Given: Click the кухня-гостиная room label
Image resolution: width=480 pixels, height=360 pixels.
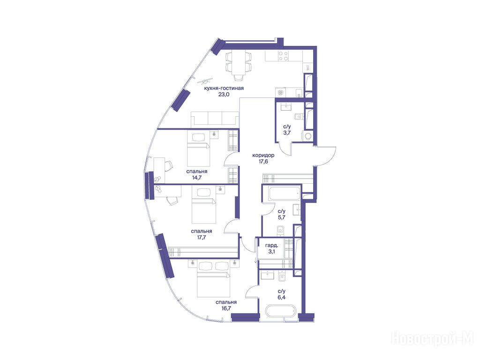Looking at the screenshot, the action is coord(224,89).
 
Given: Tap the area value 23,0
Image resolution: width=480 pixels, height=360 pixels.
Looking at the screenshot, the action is coord(224,95).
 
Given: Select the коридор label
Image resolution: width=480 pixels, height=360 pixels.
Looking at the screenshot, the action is coord(263,155).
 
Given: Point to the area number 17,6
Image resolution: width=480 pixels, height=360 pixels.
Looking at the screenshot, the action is coord(263,162).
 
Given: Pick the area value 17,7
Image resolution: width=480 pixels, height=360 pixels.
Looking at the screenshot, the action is coord(201,237).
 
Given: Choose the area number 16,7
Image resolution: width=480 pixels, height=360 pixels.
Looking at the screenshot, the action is coord(225,308).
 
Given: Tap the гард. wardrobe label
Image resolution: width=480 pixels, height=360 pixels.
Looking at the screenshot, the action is coord(271,246).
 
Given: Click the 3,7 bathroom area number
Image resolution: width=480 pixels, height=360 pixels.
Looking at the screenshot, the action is coord(287,133).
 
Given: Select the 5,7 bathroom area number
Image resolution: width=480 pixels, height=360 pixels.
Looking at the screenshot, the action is coord(282,217).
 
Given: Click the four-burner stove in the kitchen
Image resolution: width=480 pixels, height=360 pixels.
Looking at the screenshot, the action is coord(283,56).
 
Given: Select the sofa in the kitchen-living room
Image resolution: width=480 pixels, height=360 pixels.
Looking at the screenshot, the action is coord(215,120).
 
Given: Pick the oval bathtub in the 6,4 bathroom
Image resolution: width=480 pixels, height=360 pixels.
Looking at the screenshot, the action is coord(281,312).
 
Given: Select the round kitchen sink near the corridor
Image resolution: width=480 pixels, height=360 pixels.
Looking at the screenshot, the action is coord(281,92).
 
